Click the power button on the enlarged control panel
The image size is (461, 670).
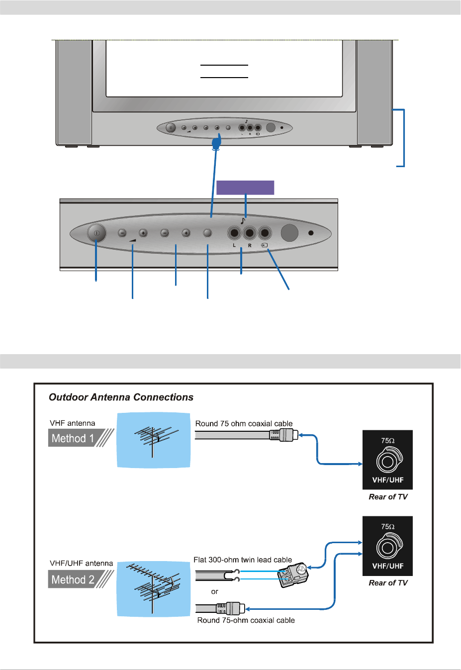96,233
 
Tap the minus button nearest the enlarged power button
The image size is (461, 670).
122,233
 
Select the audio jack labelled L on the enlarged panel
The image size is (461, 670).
234,233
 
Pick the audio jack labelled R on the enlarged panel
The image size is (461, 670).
250,233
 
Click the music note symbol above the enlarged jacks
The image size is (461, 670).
243,221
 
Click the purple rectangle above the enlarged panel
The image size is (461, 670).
245,188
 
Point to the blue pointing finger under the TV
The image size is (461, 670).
216,143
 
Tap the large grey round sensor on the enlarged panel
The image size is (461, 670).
289,233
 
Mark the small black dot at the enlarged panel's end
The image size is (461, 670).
311,233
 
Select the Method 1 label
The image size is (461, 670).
73,438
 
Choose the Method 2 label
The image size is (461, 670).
73,579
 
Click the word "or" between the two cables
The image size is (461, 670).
214,592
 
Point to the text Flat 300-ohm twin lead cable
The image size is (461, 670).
243,560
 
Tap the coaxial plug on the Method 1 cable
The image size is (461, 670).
284,435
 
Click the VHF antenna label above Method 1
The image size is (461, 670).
73,423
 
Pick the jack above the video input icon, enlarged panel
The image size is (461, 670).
265,233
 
